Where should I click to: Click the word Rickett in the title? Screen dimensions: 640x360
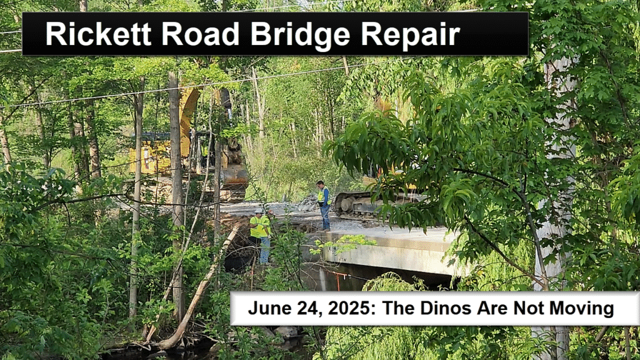coord(98,34)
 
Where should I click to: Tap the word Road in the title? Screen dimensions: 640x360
coord(200,34)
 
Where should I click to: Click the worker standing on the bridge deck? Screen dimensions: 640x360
coord(324,205)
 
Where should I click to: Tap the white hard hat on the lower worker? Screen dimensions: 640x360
coord(258,211)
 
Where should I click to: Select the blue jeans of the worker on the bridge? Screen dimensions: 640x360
coord(325,217)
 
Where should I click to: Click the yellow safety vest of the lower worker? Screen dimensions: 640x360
coord(259,227)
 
